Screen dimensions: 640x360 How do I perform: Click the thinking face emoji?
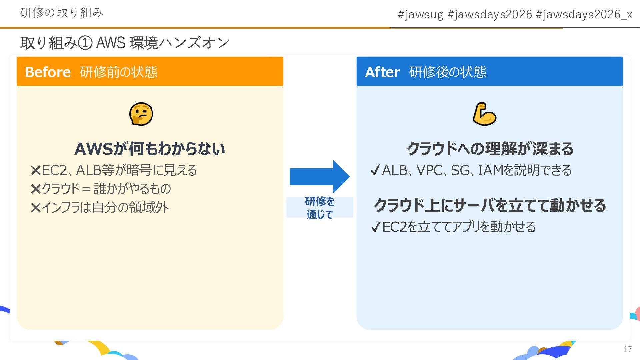tap(141, 114)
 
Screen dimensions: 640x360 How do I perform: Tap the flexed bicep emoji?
tap(484, 114)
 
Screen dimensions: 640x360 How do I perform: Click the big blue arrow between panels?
tap(319, 177)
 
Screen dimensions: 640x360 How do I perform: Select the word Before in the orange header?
tap(48, 72)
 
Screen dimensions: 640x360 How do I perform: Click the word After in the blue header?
tap(382, 72)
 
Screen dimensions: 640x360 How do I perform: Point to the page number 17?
tap(628, 349)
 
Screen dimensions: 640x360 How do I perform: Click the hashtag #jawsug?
tap(421, 14)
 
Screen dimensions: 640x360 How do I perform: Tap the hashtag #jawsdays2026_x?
tap(584, 14)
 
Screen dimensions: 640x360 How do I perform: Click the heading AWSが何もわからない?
tap(150, 149)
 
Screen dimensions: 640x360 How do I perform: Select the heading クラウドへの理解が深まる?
tap(490, 149)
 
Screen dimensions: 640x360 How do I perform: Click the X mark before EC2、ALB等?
tap(35, 171)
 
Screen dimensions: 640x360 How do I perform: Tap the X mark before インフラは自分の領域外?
tap(35, 208)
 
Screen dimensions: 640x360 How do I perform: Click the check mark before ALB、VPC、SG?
tap(375, 171)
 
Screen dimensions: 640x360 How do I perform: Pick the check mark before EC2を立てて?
tap(375, 227)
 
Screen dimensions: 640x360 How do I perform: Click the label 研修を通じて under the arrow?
tap(320, 208)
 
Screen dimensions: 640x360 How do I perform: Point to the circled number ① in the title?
tap(85, 43)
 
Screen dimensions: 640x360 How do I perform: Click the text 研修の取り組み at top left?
tap(62, 13)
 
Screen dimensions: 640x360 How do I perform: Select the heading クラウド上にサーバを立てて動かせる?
tap(490, 205)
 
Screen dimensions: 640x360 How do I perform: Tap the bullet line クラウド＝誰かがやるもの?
tap(106, 189)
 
